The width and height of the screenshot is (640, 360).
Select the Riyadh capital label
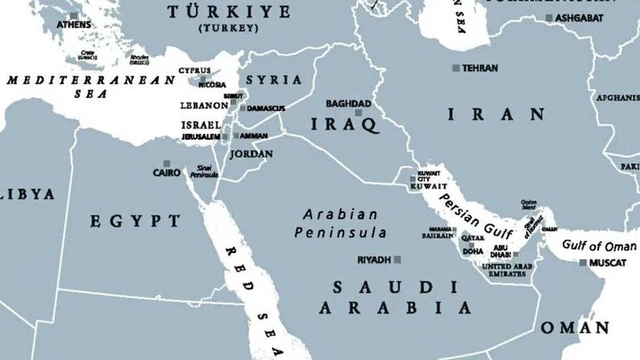click(x=374, y=260)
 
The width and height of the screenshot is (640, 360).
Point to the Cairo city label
click(x=167, y=173)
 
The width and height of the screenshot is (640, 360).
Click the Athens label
click(x=73, y=25)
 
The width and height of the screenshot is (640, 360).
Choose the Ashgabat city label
click(x=578, y=18)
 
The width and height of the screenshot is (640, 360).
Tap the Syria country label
click(x=273, y=80)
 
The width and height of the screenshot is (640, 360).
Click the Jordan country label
click(x=251, y=153)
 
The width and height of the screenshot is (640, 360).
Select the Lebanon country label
click(x=204, y=105)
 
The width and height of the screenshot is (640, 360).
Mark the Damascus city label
click(x=267, y=108)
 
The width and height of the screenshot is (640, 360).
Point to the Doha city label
click(x=474, y=252)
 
